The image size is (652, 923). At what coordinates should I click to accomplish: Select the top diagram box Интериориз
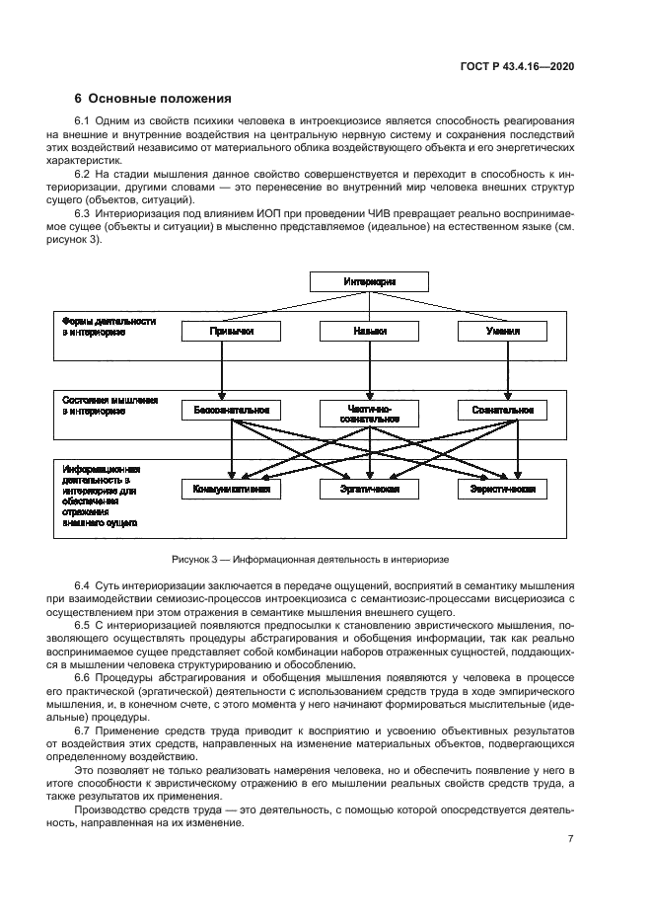(370, 282)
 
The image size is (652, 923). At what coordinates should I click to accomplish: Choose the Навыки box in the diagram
(370, 332)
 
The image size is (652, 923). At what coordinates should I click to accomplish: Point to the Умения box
(507, 332)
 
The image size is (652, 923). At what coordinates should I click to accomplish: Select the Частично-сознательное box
(370, 414)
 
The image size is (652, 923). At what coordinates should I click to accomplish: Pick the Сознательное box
(507, 410)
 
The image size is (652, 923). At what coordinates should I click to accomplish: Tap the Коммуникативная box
(232, 489)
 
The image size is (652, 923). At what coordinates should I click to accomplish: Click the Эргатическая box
(370, 489)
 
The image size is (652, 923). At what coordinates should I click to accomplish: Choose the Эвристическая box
(507, 489)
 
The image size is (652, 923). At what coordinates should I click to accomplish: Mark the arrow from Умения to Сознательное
(507, 370)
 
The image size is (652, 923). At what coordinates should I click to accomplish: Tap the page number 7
(570, 839)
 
